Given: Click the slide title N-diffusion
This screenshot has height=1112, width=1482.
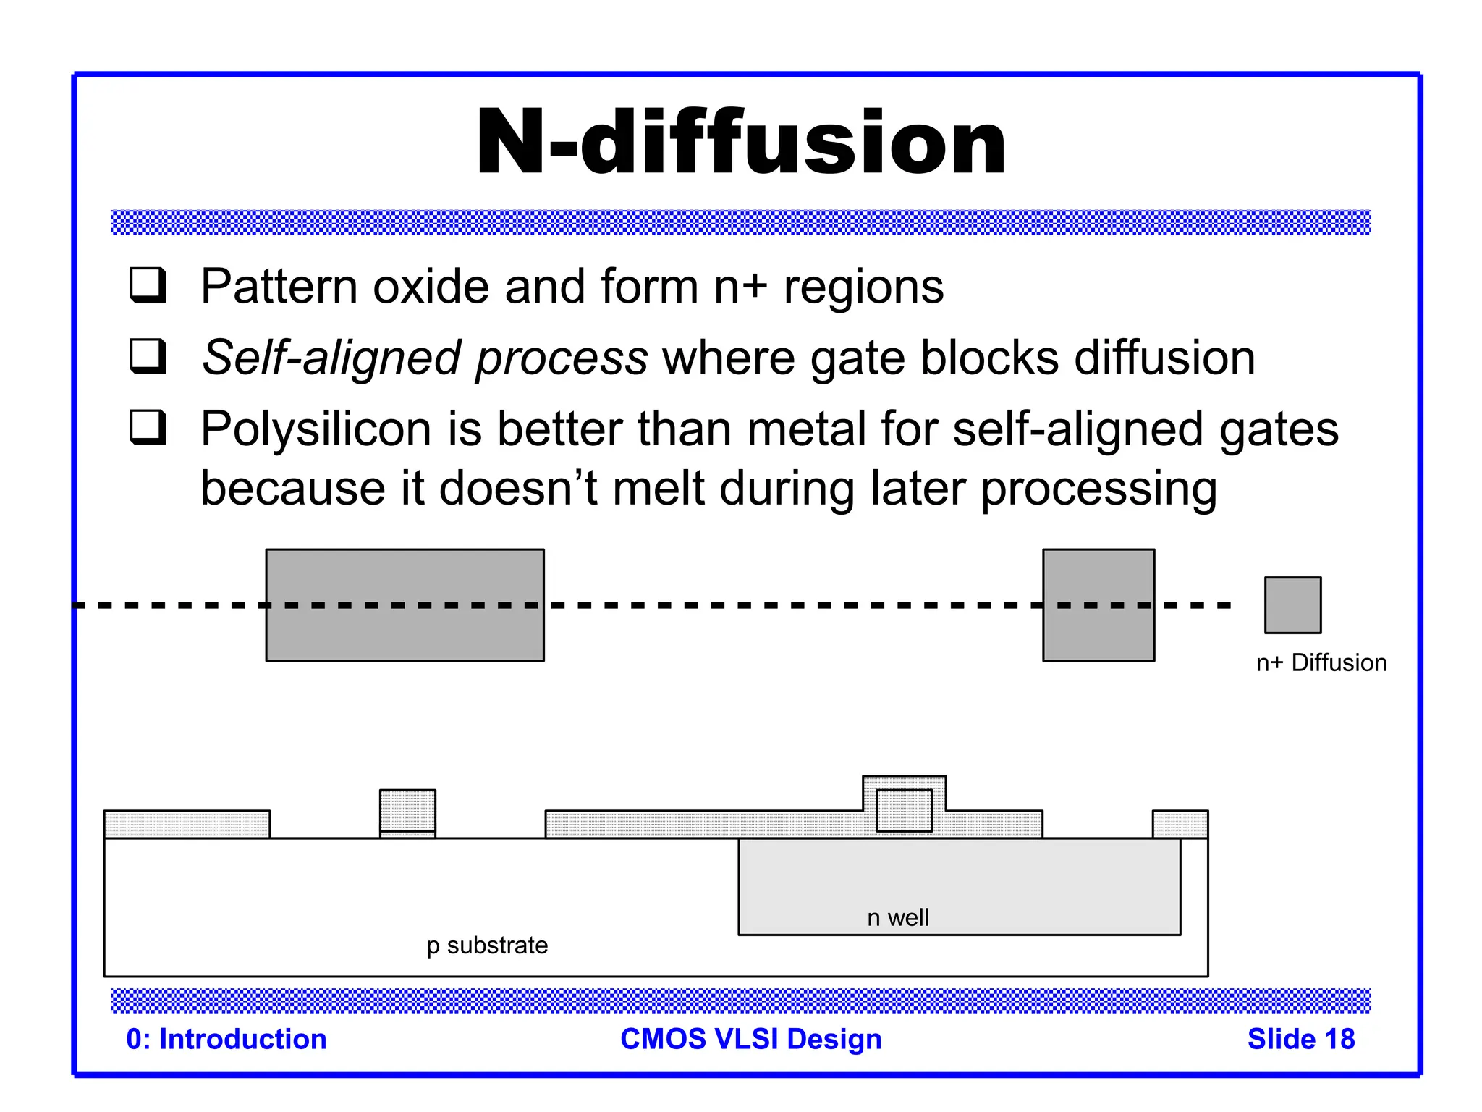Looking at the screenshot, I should [740, 143].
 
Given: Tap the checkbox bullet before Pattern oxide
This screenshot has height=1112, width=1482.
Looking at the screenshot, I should [148, 285].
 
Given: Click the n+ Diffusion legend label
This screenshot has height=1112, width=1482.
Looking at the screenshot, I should [1321, 662].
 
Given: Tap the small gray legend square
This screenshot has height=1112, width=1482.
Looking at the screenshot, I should [1292, 605].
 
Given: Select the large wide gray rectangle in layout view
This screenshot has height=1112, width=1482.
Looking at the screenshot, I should [405, 605].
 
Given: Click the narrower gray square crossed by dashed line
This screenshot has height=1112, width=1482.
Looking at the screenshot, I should [1098, 605].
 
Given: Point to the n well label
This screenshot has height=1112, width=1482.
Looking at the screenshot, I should [897, 917].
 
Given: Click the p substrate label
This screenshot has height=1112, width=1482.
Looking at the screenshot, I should [487, 945].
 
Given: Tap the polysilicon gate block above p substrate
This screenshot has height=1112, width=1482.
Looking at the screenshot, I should [407, 810].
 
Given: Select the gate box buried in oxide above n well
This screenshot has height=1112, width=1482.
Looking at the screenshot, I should [904, 810].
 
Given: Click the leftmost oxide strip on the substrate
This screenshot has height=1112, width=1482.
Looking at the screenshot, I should [187, 824].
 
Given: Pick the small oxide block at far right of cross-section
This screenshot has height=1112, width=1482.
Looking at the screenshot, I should [1180, 824].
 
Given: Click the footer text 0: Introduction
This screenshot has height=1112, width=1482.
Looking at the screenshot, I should [226, 1039].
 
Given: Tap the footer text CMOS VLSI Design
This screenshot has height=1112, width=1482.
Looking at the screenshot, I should [750, 1039].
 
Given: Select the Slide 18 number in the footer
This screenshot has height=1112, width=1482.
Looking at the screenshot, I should [1300, 1039].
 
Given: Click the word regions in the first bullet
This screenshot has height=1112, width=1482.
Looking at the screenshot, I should [863, 287].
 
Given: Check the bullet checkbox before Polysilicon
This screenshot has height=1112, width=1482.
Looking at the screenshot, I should [148, 428].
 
